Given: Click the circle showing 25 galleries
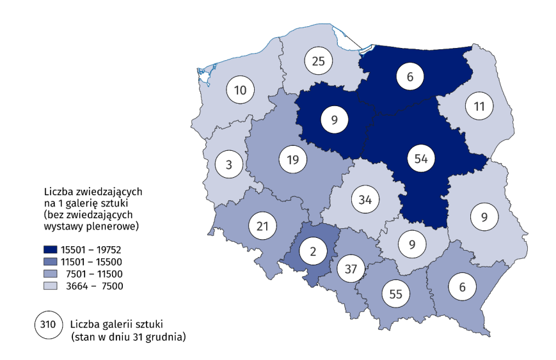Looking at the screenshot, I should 318,61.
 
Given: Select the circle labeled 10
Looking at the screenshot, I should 240,91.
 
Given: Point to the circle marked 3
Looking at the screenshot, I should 228,164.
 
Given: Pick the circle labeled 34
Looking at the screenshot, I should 365,199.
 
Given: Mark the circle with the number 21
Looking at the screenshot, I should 262,225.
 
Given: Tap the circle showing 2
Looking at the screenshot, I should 313,252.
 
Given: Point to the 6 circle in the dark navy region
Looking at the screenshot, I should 410,77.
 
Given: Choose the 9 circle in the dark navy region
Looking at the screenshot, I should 334,119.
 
